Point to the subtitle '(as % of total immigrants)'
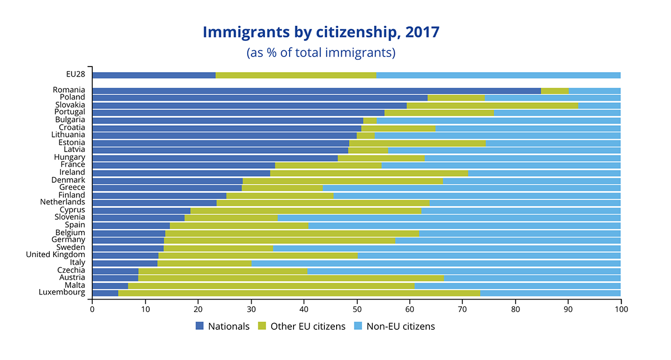pos(321,53)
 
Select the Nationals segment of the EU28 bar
pos(154,75)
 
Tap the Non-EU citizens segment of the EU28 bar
pos(498,75)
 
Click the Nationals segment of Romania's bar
pos(316,91)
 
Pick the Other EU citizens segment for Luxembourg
pos(299,292)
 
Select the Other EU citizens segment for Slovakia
pos(492,105)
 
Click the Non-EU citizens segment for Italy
pos(436,263)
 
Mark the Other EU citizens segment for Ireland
pos(369,173)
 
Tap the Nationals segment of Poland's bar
pos(260,98)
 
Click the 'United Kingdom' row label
pos(55,254)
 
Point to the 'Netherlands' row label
pos(63,202)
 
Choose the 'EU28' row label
pos(75,74)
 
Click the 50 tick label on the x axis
pos(357,309)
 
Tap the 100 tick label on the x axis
pos(621,309)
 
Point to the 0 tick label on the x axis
pos(92,309)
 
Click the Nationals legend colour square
pos(200,326)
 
